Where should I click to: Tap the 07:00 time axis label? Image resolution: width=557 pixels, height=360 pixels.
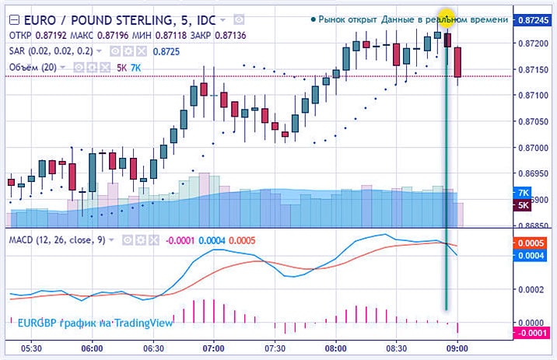click(212, 348)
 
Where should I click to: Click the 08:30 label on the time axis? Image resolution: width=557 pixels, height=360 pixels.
click(397, 348)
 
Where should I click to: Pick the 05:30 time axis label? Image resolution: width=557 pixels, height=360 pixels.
click(30, 348)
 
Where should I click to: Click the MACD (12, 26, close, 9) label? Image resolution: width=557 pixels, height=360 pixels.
click(57, 239)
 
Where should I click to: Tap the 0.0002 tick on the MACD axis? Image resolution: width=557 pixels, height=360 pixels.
click(533, 289)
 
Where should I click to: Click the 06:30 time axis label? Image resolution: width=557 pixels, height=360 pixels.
click(152, 348)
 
